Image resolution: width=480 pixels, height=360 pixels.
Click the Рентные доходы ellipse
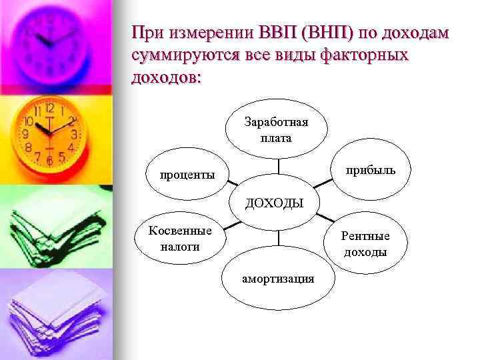tap(365, 243)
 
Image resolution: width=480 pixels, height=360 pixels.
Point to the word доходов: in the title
tap(166, 78)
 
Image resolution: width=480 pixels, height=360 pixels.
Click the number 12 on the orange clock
tap(49, 108)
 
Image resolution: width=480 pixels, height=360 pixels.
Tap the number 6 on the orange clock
tap(50, 161)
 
